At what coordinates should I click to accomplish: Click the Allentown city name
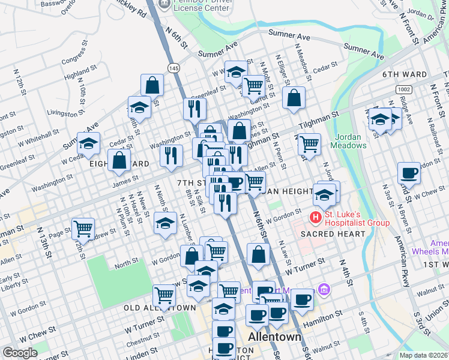(275, 337)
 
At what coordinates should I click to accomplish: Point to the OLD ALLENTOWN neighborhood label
(160, 308)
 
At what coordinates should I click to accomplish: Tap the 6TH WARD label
(405, 75)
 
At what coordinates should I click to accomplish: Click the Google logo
(19, 353)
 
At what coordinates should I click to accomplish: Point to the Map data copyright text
(423, 355)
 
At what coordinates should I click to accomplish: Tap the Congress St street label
(74, 59)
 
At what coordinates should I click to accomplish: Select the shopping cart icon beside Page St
(83, 228)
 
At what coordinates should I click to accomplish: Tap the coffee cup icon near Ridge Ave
(409, 173)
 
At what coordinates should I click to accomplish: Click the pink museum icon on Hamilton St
(324, 290)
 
